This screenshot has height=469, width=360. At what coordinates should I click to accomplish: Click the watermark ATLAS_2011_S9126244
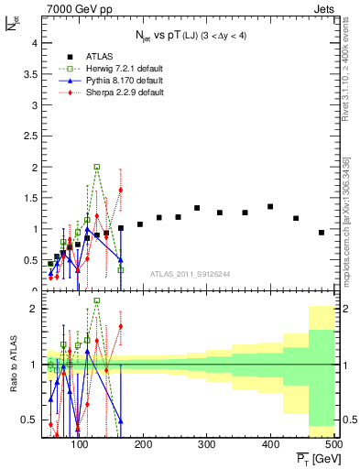(x=191, y=271)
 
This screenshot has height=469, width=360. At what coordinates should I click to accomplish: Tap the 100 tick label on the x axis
(x=81, y=444)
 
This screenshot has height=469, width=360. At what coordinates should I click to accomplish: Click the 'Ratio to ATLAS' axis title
(x=12, y=364)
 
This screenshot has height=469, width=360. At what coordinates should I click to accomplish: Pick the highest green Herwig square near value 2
(x=97, y=168)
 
